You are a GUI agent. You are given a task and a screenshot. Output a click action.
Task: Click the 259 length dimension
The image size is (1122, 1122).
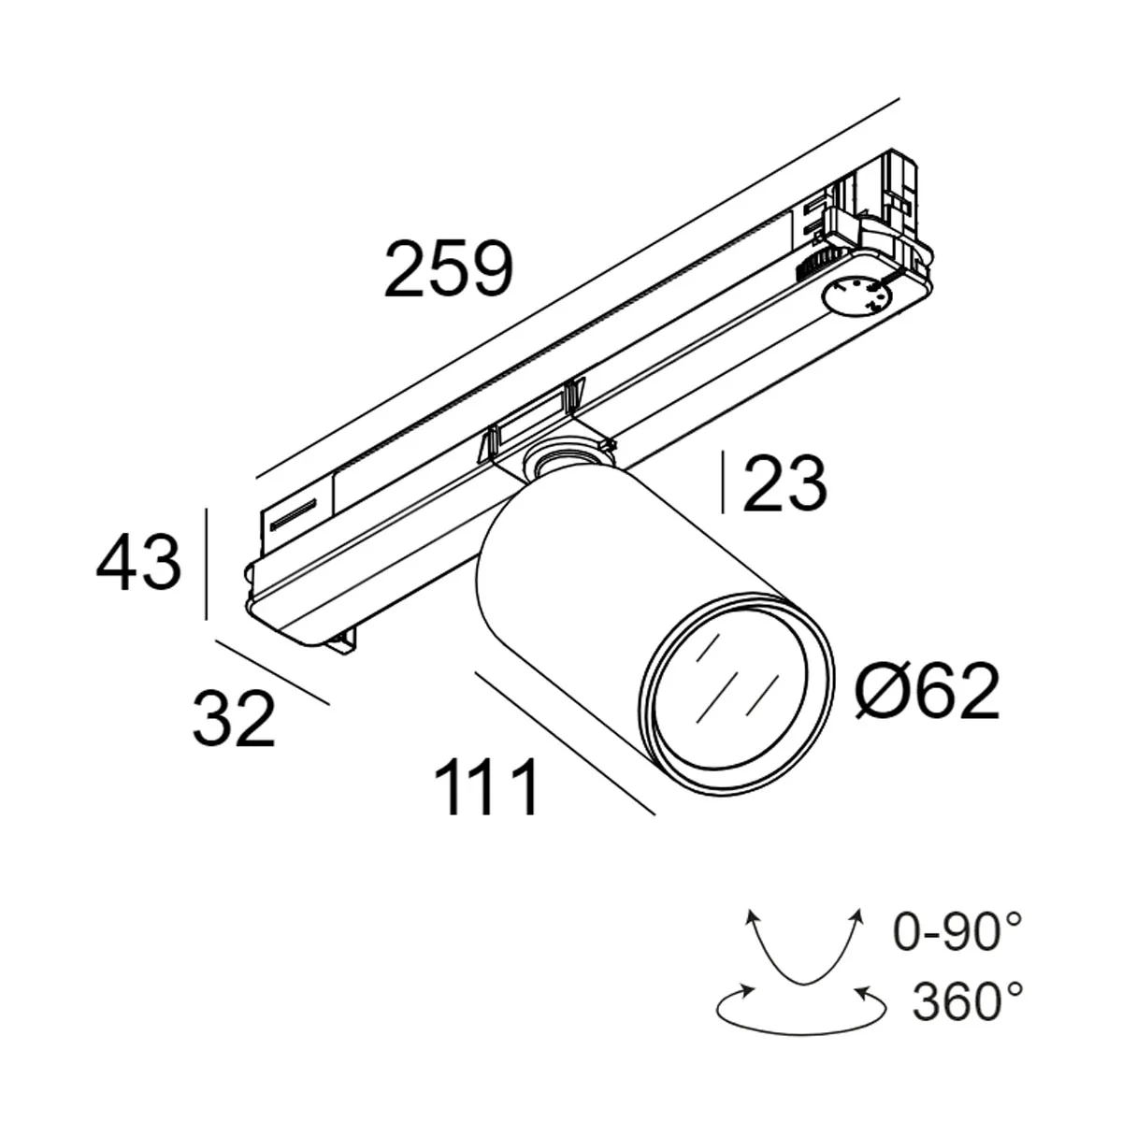point(449,269)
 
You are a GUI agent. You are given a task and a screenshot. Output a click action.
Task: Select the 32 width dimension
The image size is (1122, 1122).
point(234,718)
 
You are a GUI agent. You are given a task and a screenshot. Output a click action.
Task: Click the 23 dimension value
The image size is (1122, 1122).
point(784,483)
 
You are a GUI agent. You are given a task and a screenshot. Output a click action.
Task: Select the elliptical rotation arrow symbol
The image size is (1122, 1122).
point(800,1008)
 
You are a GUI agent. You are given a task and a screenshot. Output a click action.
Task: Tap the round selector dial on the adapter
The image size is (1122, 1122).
point(856,297)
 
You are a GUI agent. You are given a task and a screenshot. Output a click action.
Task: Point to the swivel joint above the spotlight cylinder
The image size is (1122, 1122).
point(561,459)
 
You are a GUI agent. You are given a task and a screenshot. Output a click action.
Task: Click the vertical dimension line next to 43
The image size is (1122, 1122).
point(206,564)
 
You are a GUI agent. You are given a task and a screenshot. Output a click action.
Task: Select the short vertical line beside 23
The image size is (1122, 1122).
point(723,482)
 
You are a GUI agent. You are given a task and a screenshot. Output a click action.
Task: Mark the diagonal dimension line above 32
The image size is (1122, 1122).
point(272,671)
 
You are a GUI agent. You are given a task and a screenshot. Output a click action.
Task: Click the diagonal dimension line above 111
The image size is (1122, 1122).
point(565,742)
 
